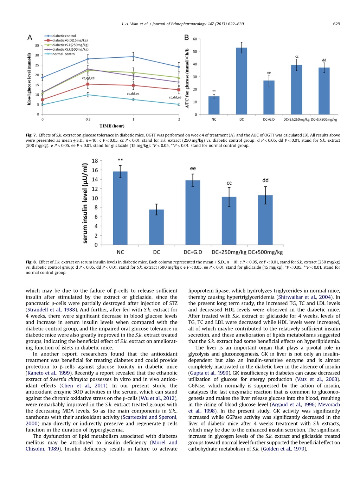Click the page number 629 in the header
click(x=336, y=24)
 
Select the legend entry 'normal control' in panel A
click(x=60, y=54)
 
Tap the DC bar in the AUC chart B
click(x=241, y=81)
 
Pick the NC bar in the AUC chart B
click(x=214, y=105)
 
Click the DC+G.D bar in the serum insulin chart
click(x=193, y=212)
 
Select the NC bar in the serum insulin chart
click(x=120, y=208)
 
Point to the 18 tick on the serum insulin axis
click(x=95, y=161)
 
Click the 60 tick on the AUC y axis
click(x=195, y=39)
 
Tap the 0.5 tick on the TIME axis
click(x=88, y=120)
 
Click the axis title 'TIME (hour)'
click(x=112, y=126)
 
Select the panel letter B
click(x=186, y=38)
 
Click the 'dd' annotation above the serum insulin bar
click(x=265, y=180)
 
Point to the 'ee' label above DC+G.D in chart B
click(x=269, y=73)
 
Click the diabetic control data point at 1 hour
click(x=133, y=57)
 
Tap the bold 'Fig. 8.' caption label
click(x=31, y=262)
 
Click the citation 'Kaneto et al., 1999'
click(x=48, y=373)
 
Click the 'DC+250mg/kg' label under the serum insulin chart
click(x=229, y=252)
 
